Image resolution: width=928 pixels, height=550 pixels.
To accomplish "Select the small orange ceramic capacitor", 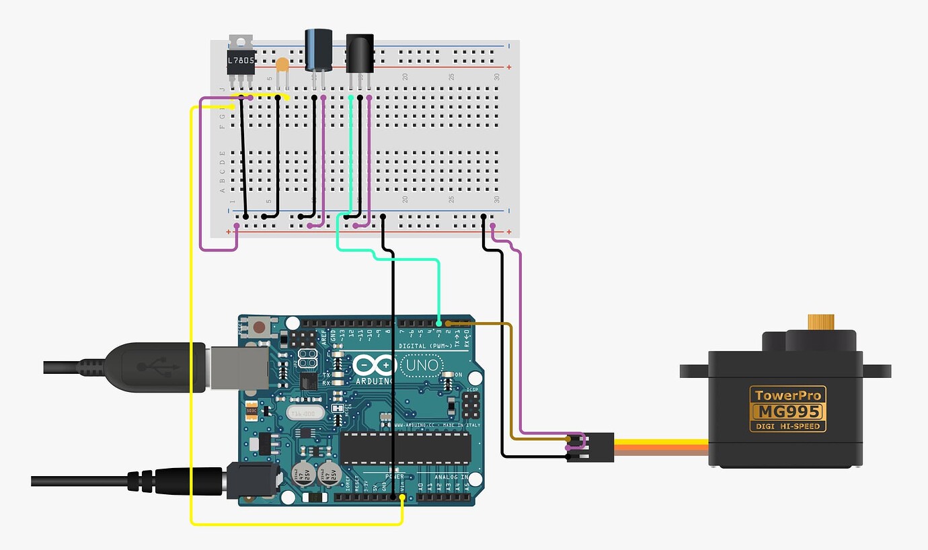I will point(283,65).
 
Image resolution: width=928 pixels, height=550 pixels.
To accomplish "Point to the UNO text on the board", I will point(422,366).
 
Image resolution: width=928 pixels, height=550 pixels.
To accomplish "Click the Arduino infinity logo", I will point(375,366).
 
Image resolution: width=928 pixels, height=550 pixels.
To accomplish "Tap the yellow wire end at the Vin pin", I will point(402,498).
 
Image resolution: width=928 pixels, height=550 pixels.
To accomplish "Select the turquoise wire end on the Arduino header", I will point(438,323).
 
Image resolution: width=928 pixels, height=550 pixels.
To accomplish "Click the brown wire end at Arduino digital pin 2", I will point(448,323).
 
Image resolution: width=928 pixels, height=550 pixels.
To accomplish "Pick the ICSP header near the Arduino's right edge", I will point(471,405).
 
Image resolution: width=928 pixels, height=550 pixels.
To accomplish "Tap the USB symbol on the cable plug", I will point(158,367).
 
